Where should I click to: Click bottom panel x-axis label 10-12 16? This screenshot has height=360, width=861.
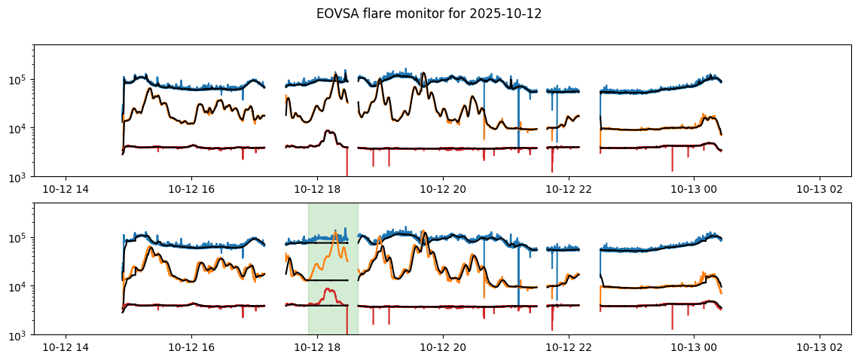[x=191, y=347]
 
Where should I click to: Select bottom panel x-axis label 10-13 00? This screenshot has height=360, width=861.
[x=694, y=347]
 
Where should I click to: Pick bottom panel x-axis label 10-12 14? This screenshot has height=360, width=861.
[x=66, y=347]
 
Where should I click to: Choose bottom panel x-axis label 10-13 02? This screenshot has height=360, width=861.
[x=820, y=347]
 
